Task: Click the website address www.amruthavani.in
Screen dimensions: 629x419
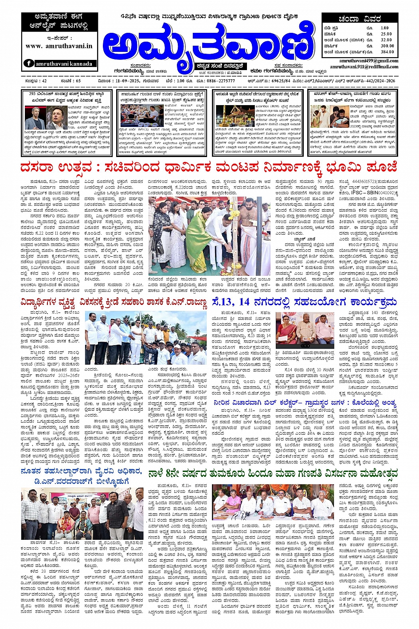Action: pyautogui.click(x=59, y=46)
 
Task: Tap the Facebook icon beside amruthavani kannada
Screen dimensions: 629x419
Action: pyautogui.click(x=29, y=63)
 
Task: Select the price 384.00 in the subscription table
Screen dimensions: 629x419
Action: pyautogui.click(x=387, y=52)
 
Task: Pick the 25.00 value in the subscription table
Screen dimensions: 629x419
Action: pyautogui.click(x=386, y=34)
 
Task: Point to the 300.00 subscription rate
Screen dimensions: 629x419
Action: pyautogui.click(x=387, y=46)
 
